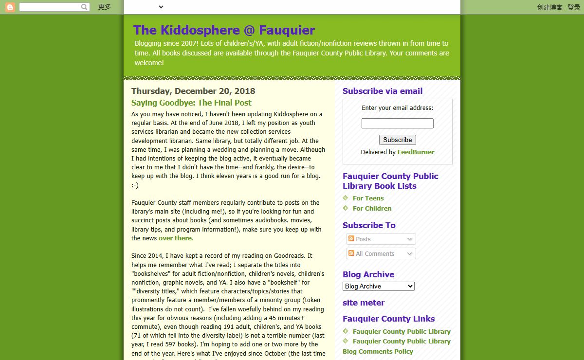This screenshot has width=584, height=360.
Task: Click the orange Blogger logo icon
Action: click(x=10, y=7)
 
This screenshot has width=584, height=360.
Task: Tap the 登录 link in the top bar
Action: click(x=574, y=7)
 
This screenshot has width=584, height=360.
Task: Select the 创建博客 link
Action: click(x=549, y=7)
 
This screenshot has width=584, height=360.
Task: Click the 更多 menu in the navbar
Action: click(x=105, y=7)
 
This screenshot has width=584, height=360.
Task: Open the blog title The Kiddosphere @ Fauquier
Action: click(x=224, y=30)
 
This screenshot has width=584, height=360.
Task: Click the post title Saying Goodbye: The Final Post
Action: click(x=191, y=103)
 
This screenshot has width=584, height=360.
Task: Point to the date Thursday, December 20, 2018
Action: click(x=193, y=91)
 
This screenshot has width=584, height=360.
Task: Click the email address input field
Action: click(x=397, y=124)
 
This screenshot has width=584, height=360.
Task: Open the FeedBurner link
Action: click(x=416, y=152)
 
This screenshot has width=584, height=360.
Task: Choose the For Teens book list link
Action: click(x=368, y=198)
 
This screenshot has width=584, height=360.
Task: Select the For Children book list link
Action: click(x=372, y=208)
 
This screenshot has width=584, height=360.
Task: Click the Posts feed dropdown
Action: click(x=381, y=239)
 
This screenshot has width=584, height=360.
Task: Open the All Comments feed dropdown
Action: click(x=381, y=253)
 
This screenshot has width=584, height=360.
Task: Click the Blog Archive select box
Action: click(x=378, y=287)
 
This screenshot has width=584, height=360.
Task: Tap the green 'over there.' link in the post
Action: click(x=176, y=238)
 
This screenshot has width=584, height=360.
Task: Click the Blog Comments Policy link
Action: click(x=378, y=351)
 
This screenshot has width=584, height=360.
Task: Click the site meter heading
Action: click(x=364, y=303)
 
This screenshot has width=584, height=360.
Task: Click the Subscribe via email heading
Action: click(x=383, y=91)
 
